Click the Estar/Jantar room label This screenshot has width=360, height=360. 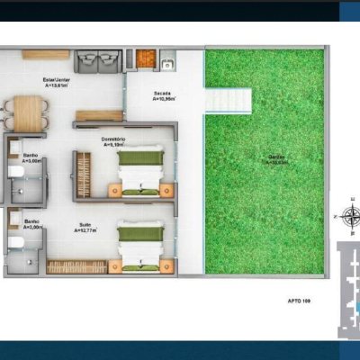point(56,82)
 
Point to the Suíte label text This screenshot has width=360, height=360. point(85,228)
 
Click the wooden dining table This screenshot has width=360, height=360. point(30,112)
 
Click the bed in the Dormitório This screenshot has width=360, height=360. point(141,171)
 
